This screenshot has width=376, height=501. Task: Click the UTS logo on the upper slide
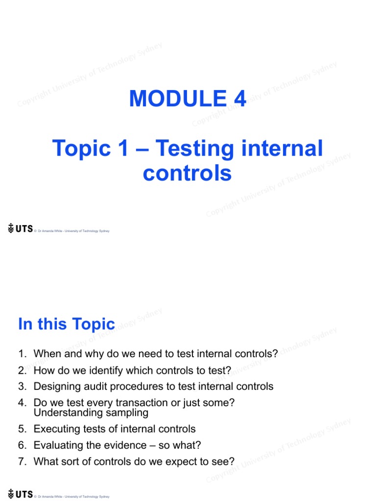click(x=20, y=228)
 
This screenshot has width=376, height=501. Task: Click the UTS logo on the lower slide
click(x=20, y=494)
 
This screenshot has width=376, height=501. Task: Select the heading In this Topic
click(x=67, y=324)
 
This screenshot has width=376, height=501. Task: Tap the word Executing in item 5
click(x=55, y=429)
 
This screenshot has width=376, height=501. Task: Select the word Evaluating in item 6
click(x=56, y=445)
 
